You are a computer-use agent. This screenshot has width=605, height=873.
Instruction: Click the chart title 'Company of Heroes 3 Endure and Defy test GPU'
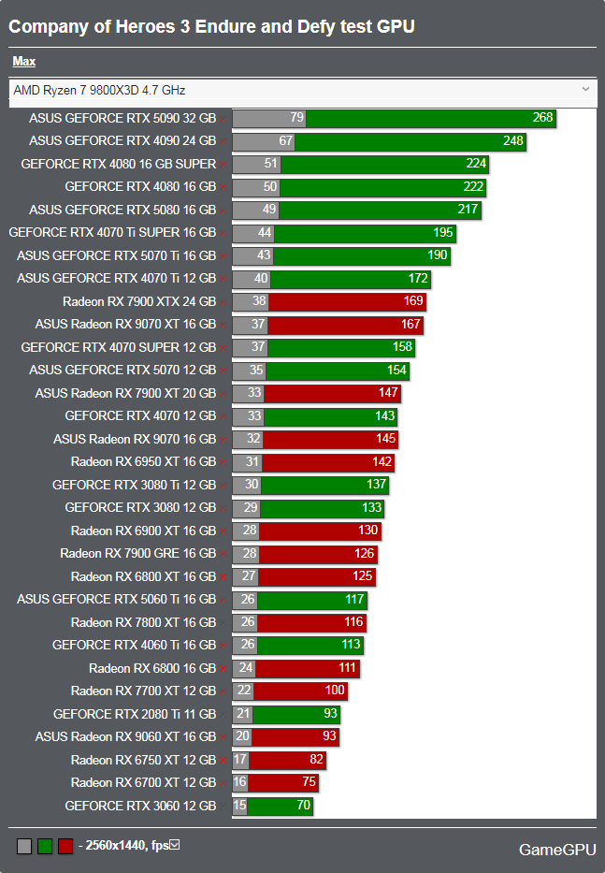pos(211,27)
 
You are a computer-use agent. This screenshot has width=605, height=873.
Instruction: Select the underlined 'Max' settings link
pos(23,62)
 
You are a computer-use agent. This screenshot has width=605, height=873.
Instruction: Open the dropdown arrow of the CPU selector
pos(586,90)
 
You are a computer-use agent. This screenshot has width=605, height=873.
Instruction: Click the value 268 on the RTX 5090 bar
pos(542,118)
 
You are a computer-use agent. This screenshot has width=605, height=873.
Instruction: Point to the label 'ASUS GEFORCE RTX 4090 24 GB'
pos(122,141)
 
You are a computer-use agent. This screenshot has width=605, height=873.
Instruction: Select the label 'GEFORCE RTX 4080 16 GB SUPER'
pos(118,164)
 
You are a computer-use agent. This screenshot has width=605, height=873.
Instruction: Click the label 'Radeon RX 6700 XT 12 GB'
pos(143,783)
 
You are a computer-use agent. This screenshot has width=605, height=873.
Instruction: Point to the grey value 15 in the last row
pos(240,806)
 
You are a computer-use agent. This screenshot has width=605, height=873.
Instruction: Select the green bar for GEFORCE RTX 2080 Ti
pos(295,714)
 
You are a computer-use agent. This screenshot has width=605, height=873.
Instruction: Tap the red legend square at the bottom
pos(65,847)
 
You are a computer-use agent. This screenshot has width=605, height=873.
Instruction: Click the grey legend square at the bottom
pos(24,847)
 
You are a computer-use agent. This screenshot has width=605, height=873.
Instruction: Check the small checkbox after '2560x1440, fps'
pos(174,846)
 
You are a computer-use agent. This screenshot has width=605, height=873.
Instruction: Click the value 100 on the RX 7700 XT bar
pos(335,691)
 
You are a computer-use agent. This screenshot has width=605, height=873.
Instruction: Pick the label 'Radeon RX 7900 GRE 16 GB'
pos(137,554)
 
